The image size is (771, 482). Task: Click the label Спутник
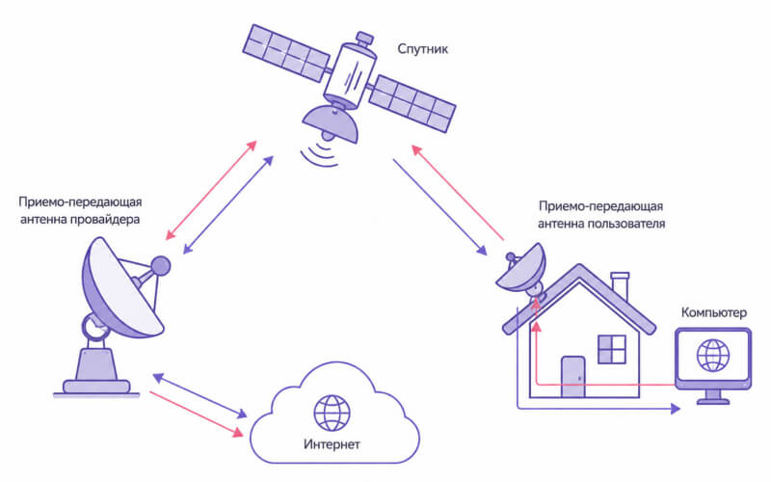point(422,49)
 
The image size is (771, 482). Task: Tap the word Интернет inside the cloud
point(332,444)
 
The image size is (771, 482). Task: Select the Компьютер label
point(713,312)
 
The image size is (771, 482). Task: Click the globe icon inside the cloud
point(332,413)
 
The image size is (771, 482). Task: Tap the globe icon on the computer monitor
point(713,355)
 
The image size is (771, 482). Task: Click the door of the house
point(573,377)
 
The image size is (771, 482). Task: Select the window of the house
point(612,349)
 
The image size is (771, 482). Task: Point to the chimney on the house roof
point(620,286)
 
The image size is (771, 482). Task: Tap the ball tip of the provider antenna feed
point(160,266)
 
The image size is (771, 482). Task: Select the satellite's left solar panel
point(285,53)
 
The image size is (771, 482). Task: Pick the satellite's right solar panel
point(412,103)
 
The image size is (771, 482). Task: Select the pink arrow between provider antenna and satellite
point(211,190)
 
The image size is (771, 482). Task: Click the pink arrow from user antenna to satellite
point(458,193)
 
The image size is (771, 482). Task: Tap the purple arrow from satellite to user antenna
point(440,207)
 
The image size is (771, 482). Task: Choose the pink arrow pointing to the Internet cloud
point(197,415)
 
